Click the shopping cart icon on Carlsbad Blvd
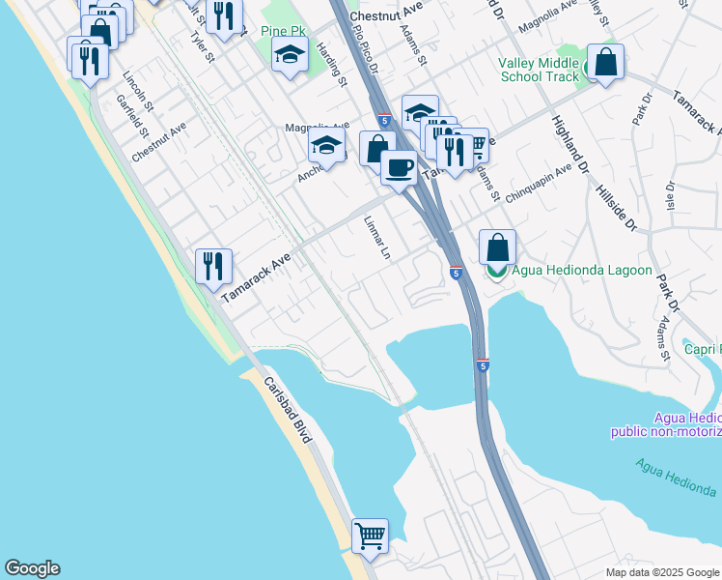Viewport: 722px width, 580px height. click(371, 536)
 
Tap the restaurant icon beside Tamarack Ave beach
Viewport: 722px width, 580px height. click(213, 266)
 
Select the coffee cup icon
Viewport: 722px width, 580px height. click(399, 167)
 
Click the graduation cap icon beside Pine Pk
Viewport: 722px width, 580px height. click(289, 56)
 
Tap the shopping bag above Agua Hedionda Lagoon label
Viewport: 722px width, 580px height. click(497, 246)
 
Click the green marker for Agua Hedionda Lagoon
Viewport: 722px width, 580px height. click(497, 271)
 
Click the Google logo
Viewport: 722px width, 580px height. click(32, 568)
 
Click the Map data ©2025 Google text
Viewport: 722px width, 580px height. click(661, 572)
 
